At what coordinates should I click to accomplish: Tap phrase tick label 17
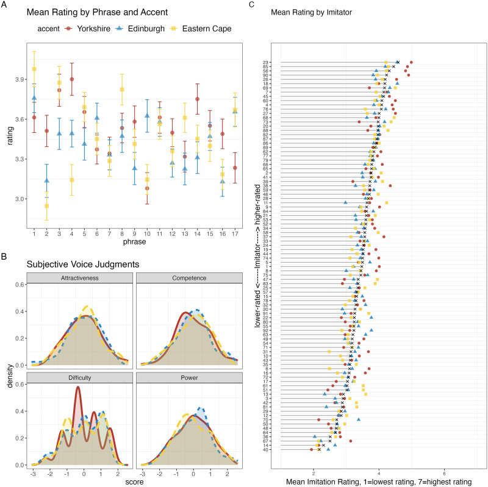click(x=235, y=235)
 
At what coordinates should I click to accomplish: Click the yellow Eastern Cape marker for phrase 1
click(x=34, y=69)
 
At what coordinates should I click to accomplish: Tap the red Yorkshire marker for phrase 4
click(x=72, y=79)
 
